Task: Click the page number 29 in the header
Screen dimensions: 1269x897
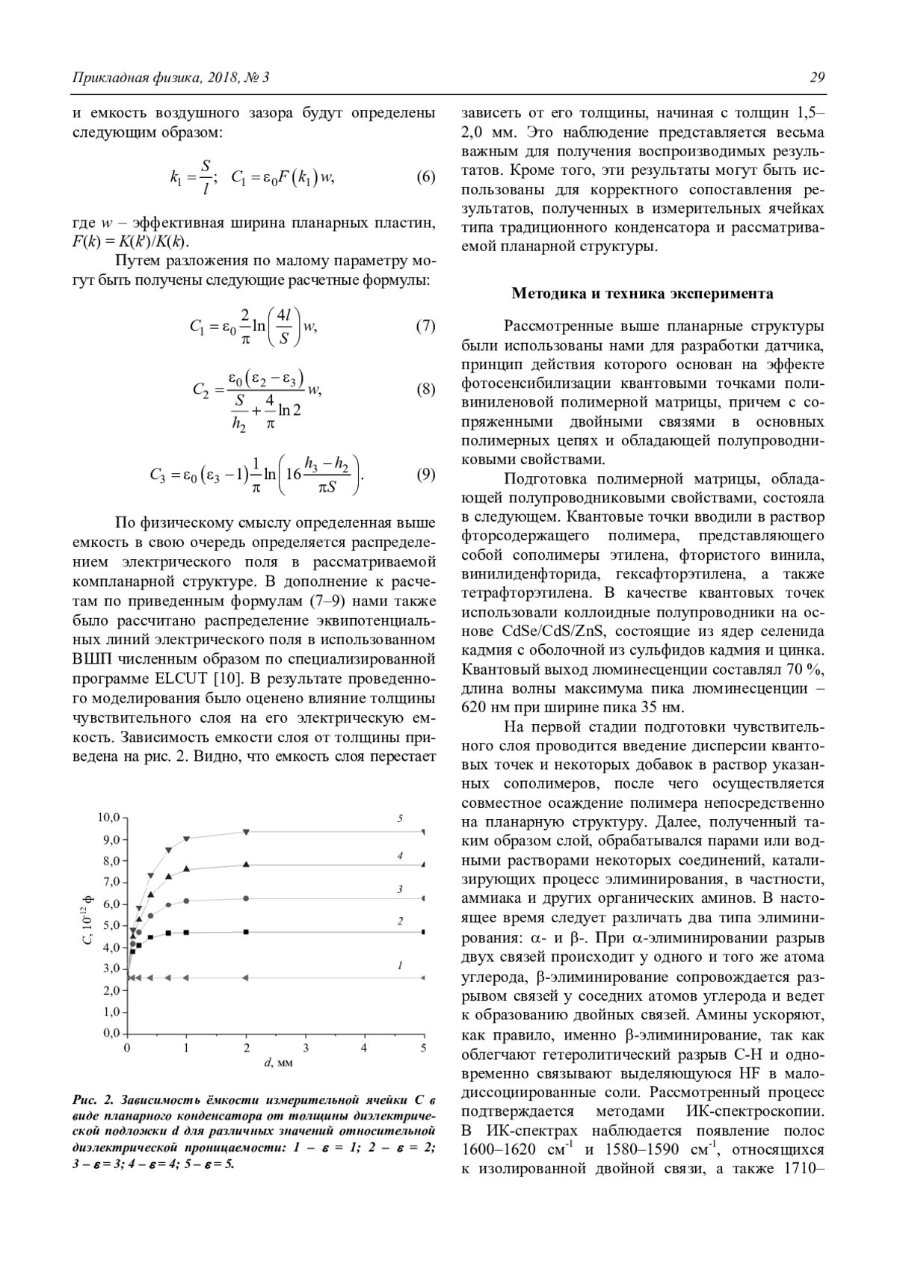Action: pos(816,78)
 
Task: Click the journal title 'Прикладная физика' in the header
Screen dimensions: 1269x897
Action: pos(126,78)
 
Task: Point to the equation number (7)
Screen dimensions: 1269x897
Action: pos(425,326)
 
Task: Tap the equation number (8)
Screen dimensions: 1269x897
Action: pos(425,389)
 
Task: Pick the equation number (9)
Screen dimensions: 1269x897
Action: pos(425,474)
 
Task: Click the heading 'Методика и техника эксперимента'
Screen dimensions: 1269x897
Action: pos(642,294)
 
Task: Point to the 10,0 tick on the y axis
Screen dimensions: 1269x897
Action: pos(108,818)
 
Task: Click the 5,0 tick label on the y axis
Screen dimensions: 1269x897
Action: pos(111,925)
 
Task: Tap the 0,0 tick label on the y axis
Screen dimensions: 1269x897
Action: pos(111,1034)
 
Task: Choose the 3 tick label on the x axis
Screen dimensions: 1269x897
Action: pos(305,1049)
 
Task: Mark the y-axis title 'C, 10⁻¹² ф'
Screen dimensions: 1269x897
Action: pos(87,924)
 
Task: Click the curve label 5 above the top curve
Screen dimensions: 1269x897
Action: pos(401,819)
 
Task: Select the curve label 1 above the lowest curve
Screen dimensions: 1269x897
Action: pos(401,966)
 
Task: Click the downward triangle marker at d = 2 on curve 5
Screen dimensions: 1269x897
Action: pos(246,832)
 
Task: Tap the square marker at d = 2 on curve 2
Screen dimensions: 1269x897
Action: pos(246,932)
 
